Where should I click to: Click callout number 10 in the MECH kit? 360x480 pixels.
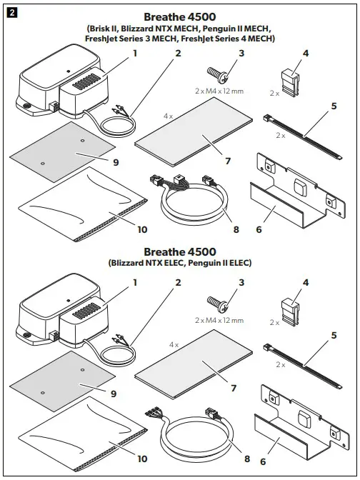coord(142,230)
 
